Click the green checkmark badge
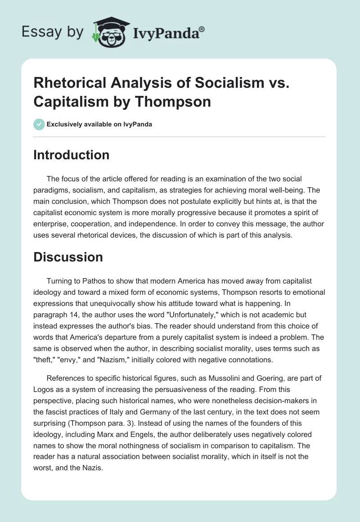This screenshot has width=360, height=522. pos(39,124)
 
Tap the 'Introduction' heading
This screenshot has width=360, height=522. pos(72,155)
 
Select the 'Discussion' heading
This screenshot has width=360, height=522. pos(68,257)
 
